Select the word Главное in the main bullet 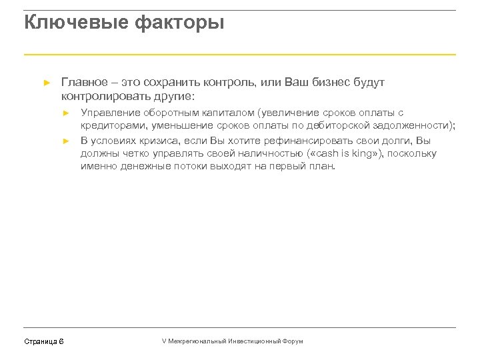[83, 83]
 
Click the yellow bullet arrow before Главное [46, 83]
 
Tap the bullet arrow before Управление [66, 113]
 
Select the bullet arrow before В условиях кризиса [66, 141]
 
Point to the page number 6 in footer [61, 341]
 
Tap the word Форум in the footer [293, 341]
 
